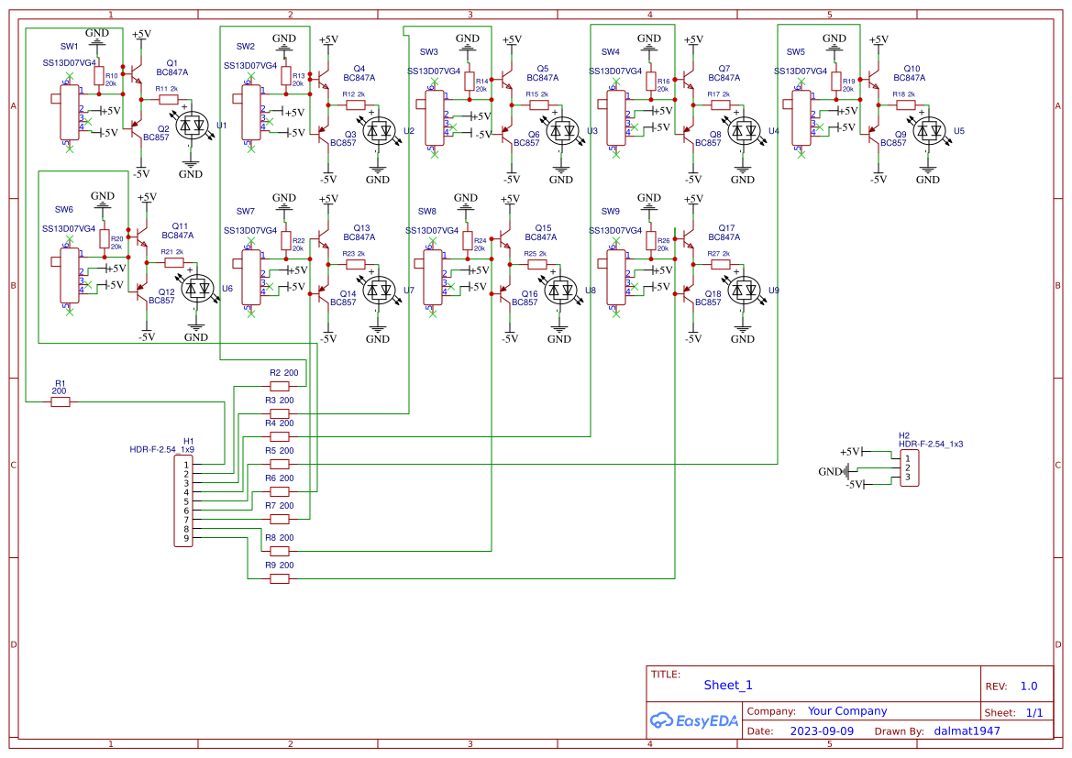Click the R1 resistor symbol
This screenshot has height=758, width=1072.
point(61,401)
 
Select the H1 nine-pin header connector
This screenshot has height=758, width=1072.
point(184,501)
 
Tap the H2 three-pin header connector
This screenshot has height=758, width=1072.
point(908,467)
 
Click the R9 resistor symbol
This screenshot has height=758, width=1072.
point(279,578)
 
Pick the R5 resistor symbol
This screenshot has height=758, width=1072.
point(279,464)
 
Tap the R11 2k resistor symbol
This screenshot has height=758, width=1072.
point(167,99)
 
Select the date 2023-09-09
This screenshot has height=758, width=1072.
point(822,731)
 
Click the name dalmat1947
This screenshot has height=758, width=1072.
point(967,731)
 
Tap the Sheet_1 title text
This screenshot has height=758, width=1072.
point(728,685)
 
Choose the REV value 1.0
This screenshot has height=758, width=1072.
point(1028,686)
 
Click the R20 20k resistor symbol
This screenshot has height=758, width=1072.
point(104,241)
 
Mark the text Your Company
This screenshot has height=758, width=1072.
point(846,711)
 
